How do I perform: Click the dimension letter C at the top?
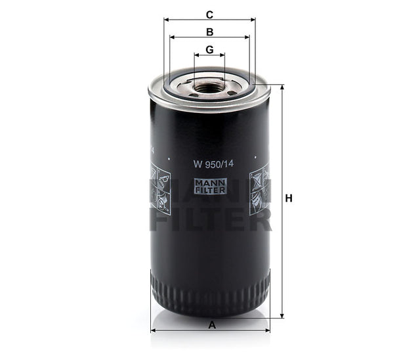pyautogui.click(x=209, y=14)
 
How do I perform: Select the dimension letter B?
pyautogui.click(x=209, y=32)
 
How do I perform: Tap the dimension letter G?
pyautogui.click(x=209, y=49)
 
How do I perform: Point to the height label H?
pyautogui.click(x=288, y=198)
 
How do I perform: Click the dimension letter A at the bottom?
pyautogui.click(x=211, y=324)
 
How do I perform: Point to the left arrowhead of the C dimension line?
pyautogui.click(x=165, y=20)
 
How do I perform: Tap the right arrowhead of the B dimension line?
pyautogui.click(x=247, y=37)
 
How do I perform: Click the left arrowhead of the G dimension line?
pyautogui.click(x=196, y=55)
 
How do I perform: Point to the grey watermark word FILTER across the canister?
pyautogui.click(x=211, y=219)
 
